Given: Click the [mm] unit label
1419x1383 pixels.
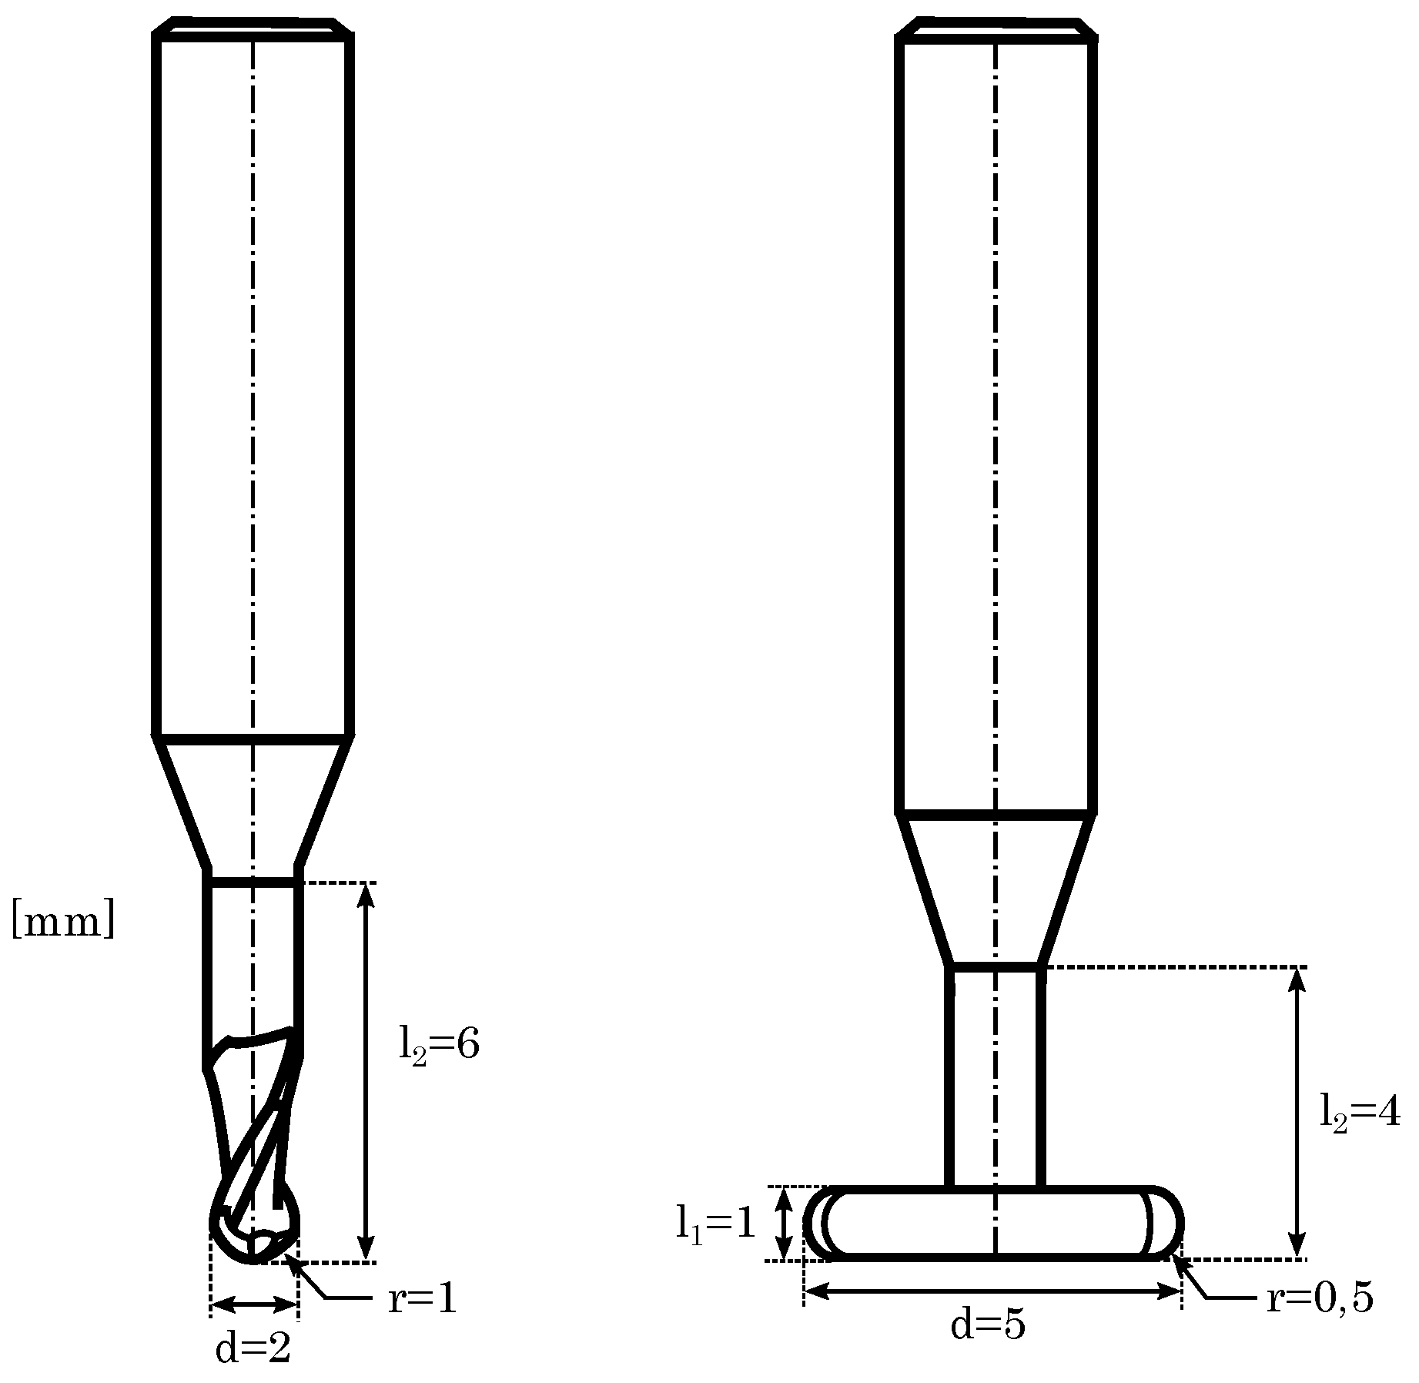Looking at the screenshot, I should pyautogui.click(x=63, y=922).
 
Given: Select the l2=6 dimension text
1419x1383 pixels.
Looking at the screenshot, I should pyautogui.click(x=439, y=1045).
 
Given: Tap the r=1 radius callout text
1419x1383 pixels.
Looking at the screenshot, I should pyautogui.click(x=423, y=1301).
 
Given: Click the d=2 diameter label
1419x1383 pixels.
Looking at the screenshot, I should pyautogui.click(x=253, y=1350).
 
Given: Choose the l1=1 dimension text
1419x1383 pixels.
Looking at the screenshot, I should pyautogui.click(x=716, y=1223).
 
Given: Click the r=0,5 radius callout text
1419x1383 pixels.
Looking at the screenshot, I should pyautogui.click(x=1320, y=1299).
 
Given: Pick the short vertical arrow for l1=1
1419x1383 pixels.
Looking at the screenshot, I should pyautogui.click(x=784, y=1223).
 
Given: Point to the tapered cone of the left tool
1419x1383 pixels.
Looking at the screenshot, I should pyautogui.click(x=253, y=801).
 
